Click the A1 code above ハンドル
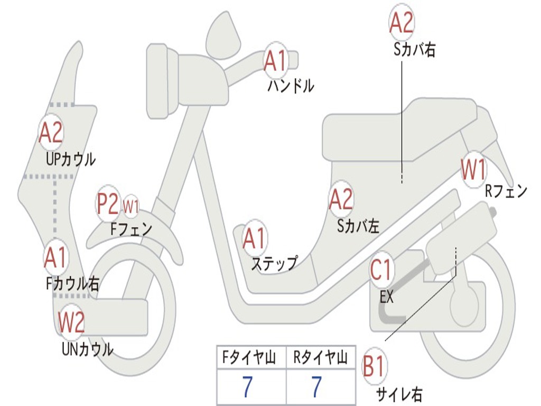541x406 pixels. [275, 60]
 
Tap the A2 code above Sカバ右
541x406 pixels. [402, 23]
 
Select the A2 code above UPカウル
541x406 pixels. [51, 133]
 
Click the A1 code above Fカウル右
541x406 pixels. [55, 257]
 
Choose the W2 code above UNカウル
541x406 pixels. [71, 322]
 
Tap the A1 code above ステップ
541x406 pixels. [255, 239]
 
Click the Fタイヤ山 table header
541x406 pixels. [250, 358]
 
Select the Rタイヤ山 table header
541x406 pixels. [320, 358]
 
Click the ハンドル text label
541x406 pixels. [291, 86]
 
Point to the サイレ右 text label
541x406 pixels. [399, 394]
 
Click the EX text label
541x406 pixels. [387, 297]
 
